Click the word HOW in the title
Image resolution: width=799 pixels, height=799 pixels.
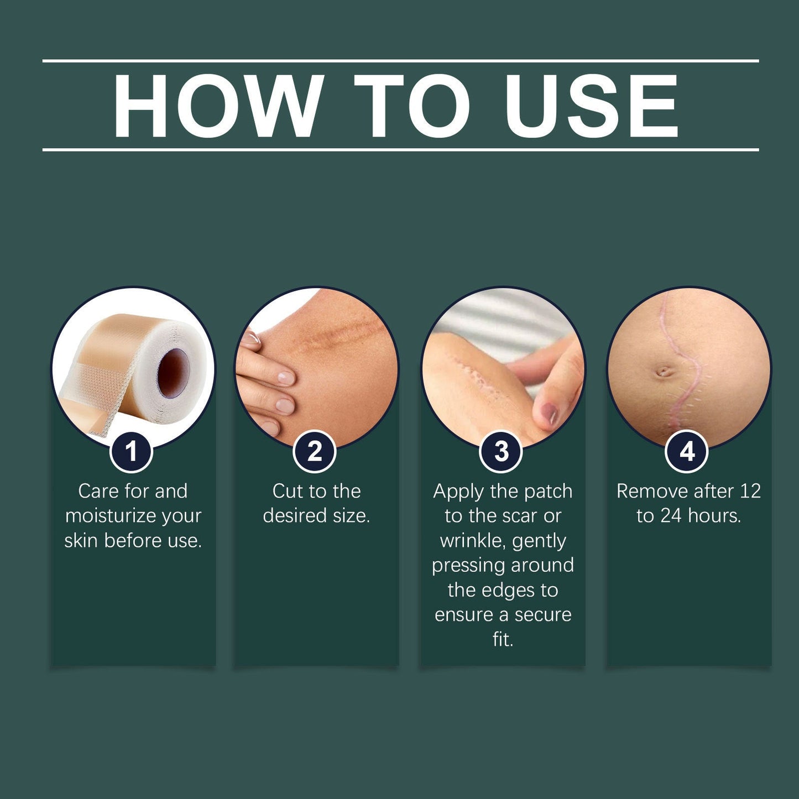point(218,106)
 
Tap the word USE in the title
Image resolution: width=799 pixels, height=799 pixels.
point(591,106)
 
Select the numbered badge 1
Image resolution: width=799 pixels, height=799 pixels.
point(131,451)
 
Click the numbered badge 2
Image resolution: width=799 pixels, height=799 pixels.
point(315,451)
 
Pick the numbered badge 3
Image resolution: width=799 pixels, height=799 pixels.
point(501,451)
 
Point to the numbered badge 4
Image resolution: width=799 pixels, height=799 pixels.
point(687,451)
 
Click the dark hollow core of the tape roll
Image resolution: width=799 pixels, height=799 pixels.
point(173,370)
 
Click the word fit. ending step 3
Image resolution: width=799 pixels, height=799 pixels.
point(503,639)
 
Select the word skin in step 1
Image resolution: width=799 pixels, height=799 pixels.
point(81,540)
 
